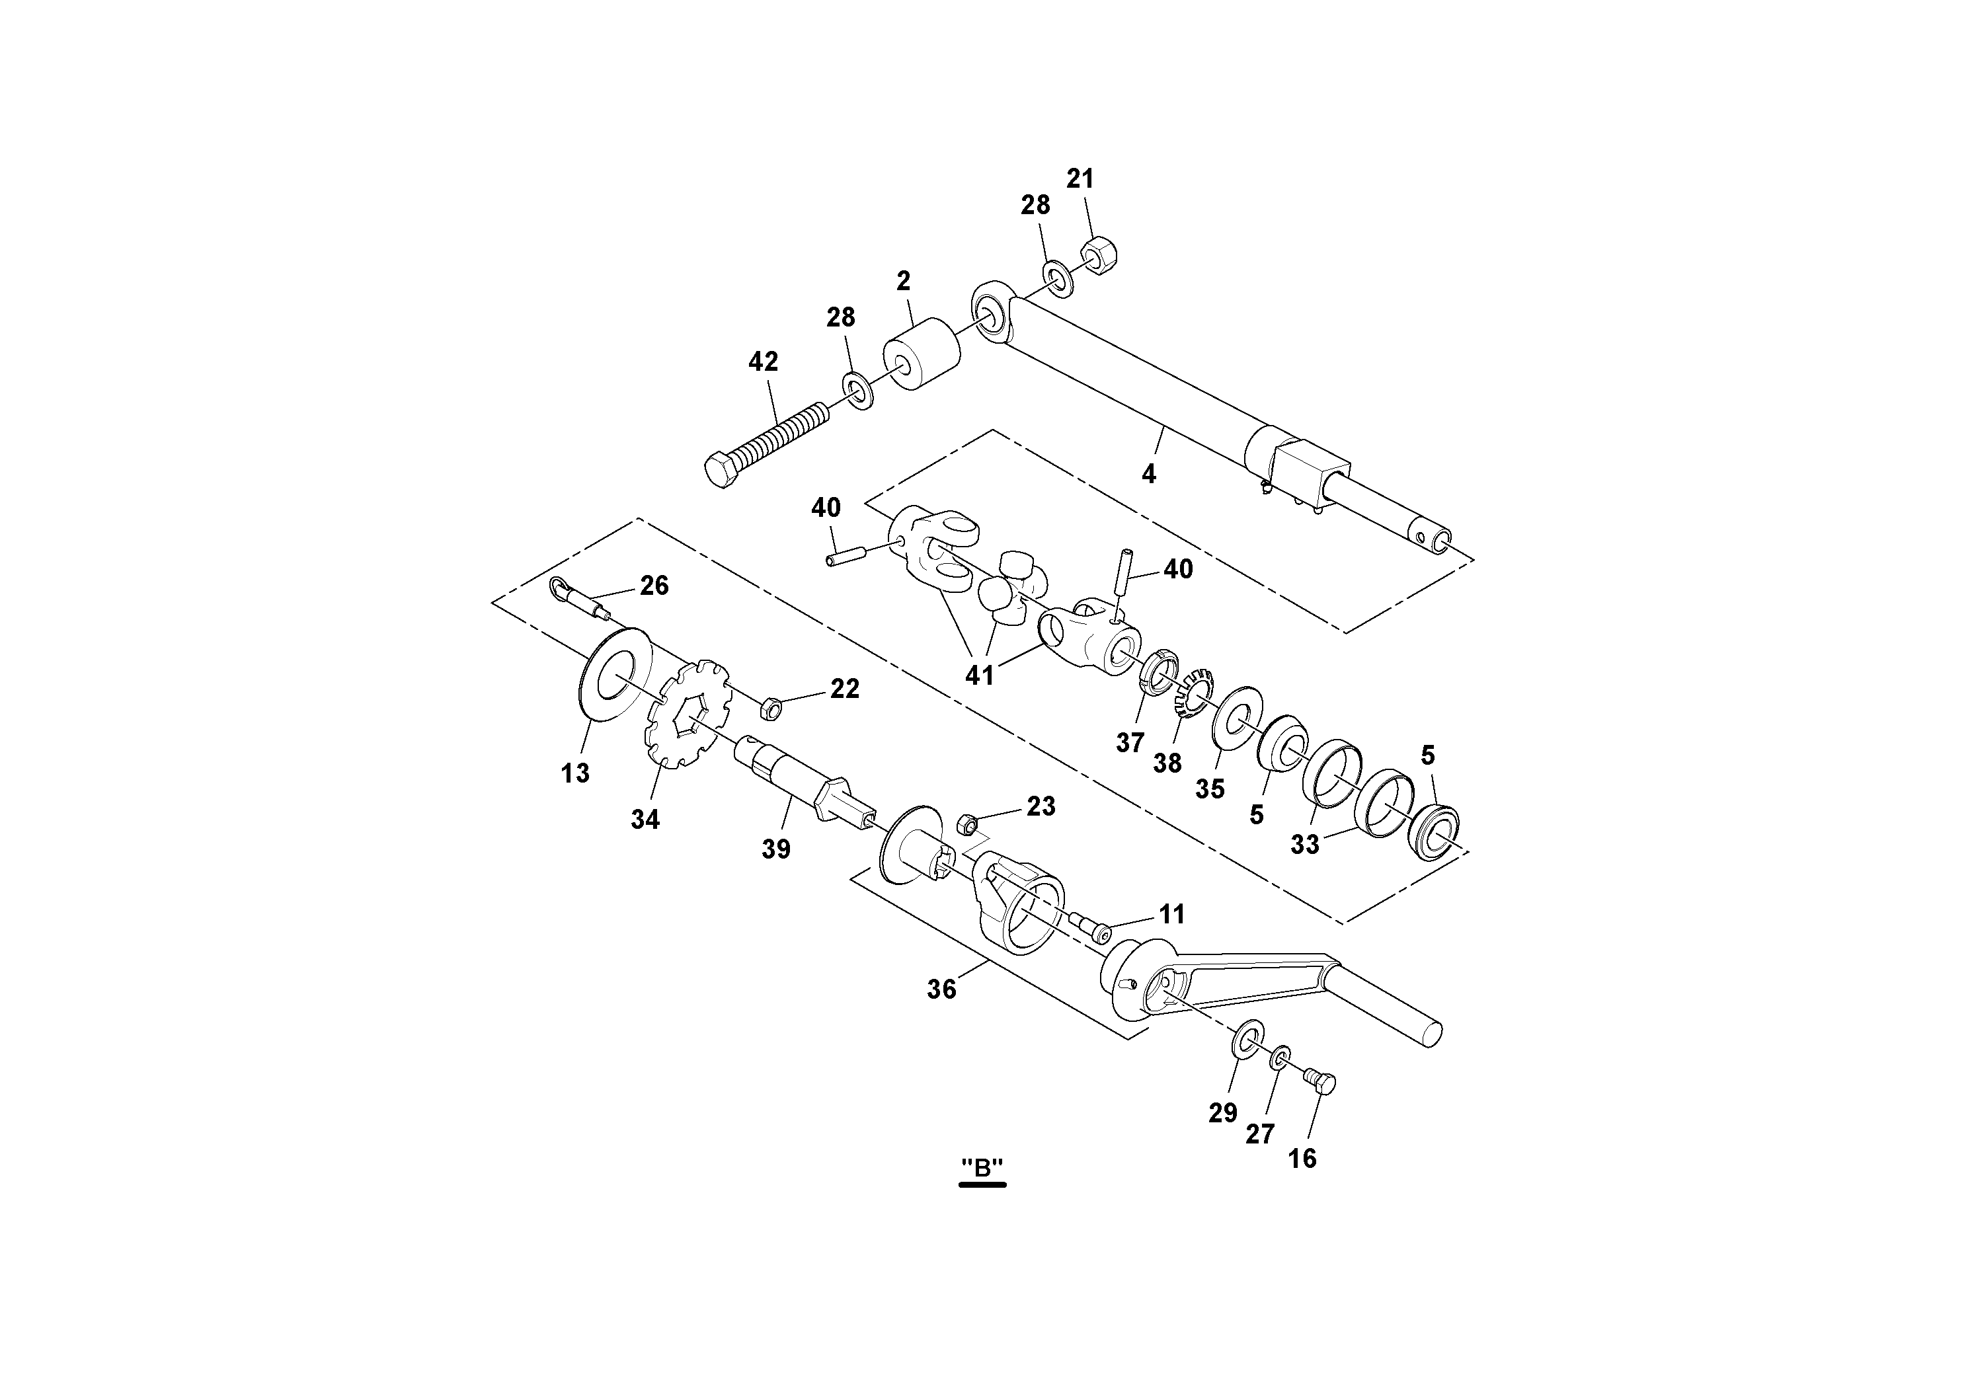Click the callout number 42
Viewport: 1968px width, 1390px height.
pyautogui.click(x=763, y=362)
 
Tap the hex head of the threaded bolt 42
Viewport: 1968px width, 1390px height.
pyautogui.click(x=723, y=471)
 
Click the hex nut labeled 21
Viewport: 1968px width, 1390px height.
pyautogui.click(x=1096, y=256)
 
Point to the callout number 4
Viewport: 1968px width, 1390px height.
pyautogui.click(x=1148, y=473)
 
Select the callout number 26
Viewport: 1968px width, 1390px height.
pyautogui.click(x=654, y=586)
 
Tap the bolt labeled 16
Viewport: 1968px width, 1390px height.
pyautogui.click(x=1321, y=1084)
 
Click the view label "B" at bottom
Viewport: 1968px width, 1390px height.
pyautogui.click(x=982, y=1167)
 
